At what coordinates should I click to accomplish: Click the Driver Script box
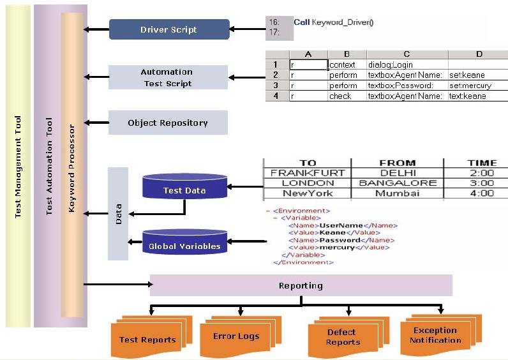pos(168,29)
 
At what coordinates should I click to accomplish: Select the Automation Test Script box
pos(167,77)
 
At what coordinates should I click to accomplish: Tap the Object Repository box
pos(167,123)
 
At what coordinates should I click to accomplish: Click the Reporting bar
pos(301,285)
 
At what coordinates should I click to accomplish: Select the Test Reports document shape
pos(147,338)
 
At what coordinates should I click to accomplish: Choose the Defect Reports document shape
pos(343,337)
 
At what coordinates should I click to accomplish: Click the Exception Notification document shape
pos(435,335)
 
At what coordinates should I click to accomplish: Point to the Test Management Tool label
pos(18,166)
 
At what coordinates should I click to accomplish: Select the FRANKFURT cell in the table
pos(307,173)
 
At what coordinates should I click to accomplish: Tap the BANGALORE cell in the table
pos(397,183)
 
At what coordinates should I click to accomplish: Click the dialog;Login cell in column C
pos(391,64)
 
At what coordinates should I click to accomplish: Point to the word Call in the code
pos(301,22)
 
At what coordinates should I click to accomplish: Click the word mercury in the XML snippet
pos(332,247)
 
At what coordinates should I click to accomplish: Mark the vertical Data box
pos(118,214)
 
